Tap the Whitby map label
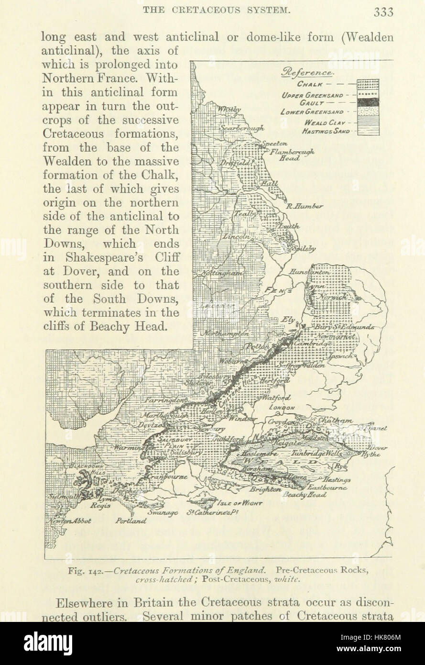click(x=229, y=110)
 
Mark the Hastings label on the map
click(x=337, y=479)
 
